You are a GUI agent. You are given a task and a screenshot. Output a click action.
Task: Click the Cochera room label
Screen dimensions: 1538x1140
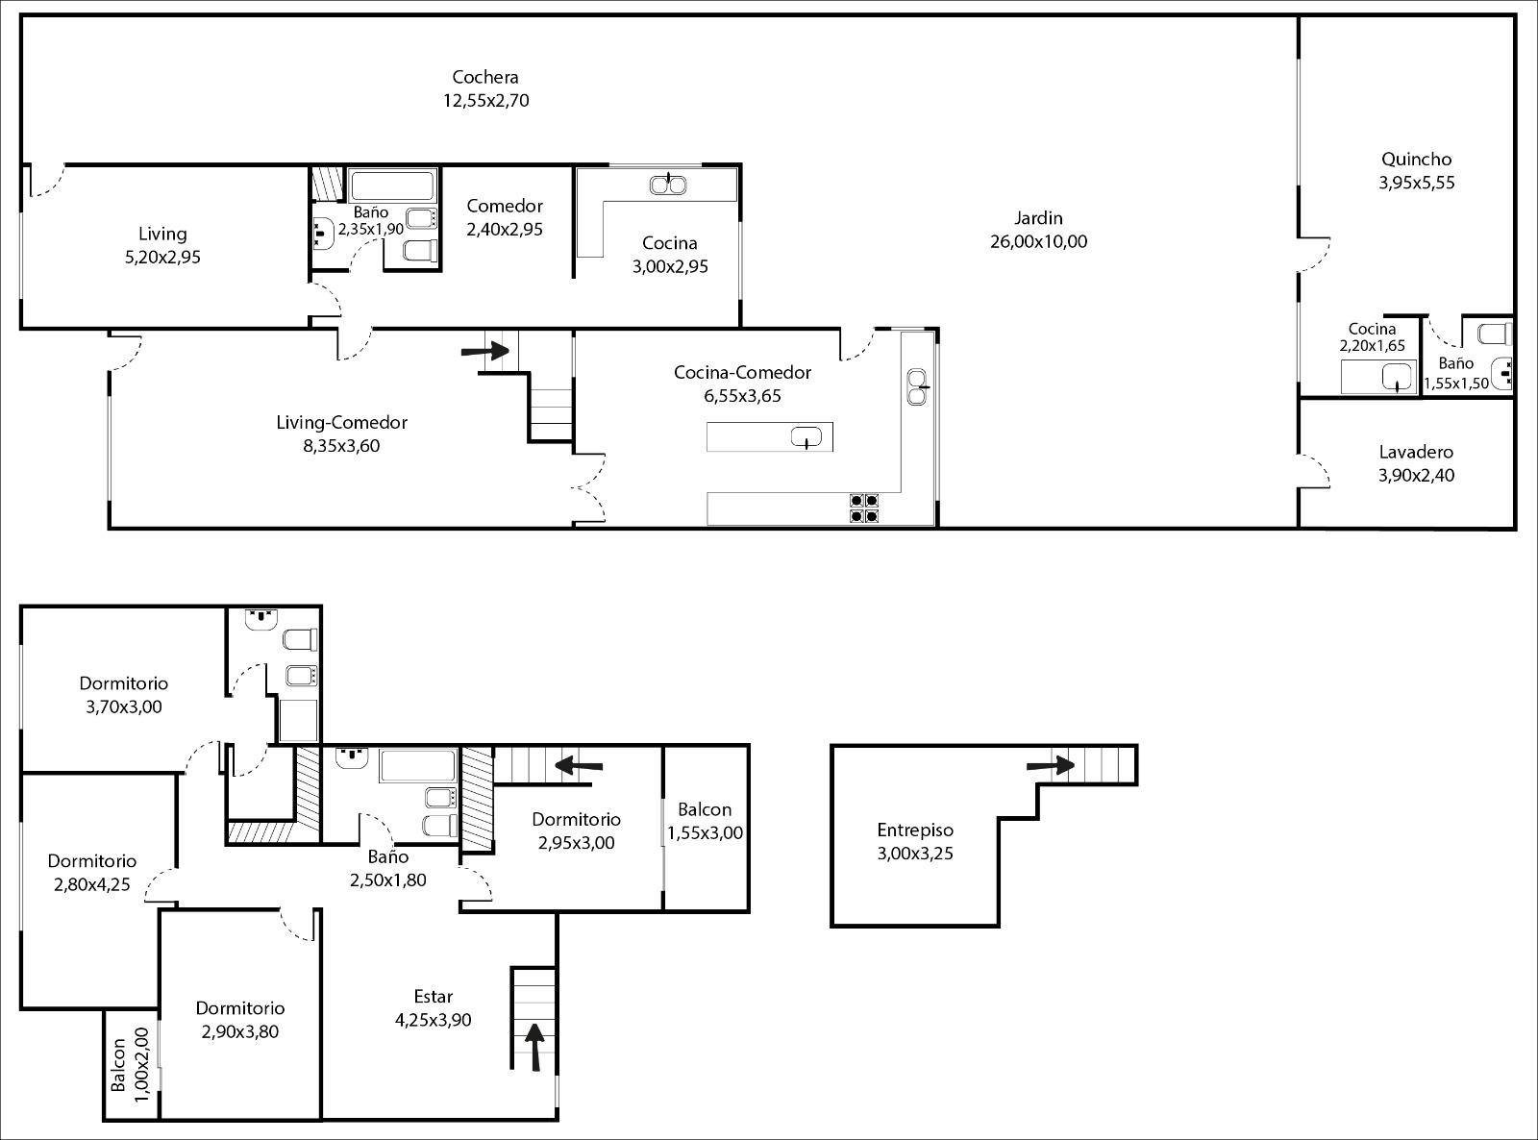(x=485, y=77)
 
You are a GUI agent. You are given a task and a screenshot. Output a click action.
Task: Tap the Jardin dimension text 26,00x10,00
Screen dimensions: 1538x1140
(x=1038, y=242)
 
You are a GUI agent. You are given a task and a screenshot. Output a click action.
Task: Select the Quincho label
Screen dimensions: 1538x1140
(x=1416, y=160)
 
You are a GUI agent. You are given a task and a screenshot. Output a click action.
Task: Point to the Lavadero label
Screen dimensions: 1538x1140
(x=1416, y=452)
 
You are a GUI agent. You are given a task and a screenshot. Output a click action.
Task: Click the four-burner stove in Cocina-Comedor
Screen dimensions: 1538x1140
(x=864, y=508)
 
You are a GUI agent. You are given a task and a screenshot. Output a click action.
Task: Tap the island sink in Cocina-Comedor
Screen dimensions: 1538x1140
(x=806, y=437)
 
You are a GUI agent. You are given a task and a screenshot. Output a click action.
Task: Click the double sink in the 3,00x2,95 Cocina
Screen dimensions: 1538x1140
(x=668, y=185)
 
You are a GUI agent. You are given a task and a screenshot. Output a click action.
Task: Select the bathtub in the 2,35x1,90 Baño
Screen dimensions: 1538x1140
(x=392, y=186)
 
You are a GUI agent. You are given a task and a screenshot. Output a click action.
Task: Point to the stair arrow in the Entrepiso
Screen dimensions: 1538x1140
(x=1051, y=765)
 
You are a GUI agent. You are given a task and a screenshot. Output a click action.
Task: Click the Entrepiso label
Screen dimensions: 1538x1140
(x=914, y=830)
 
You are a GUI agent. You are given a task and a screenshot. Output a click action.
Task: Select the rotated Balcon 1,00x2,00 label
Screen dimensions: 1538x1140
(x=130, y=1064)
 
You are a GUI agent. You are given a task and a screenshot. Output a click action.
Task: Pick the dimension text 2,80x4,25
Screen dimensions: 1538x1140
(x=92, y=885)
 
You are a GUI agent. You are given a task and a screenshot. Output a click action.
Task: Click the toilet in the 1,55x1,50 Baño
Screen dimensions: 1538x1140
(x=1495, y=335)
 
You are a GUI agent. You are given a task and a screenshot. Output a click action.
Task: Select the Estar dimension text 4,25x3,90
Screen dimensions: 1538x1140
(x=434, y=1020)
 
